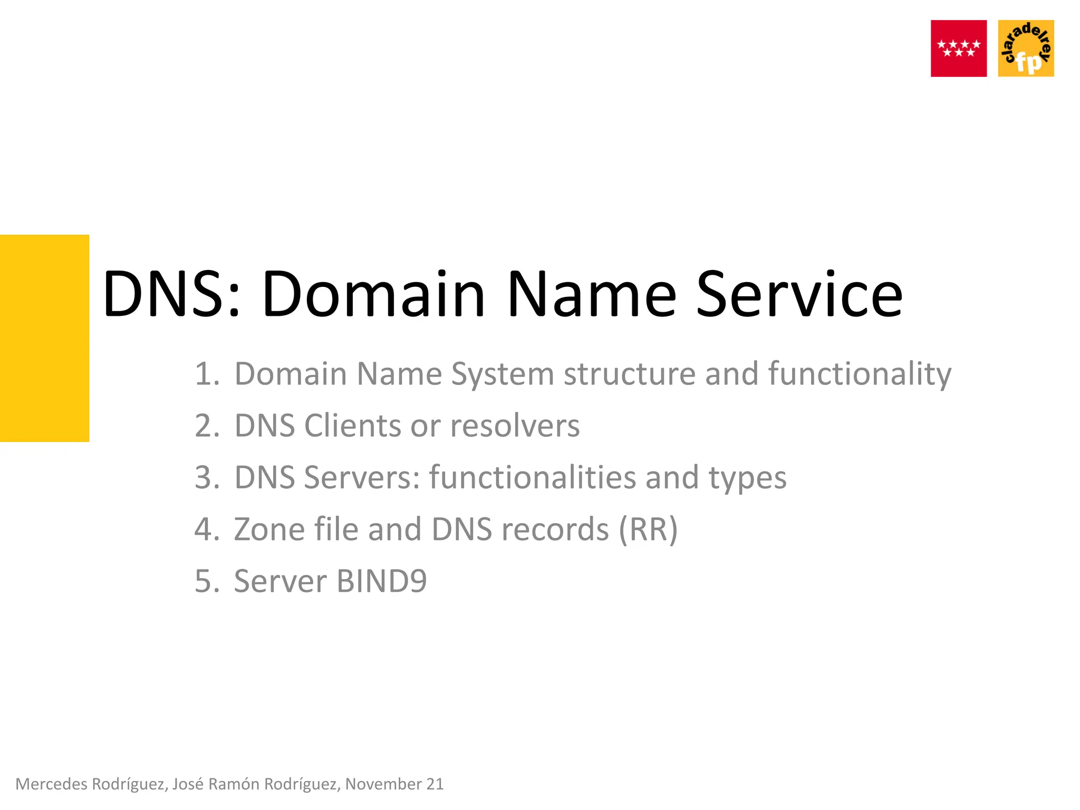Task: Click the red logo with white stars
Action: [x=958, y=49]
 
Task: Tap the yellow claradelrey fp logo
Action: [x=1026, y=49]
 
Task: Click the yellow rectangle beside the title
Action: [x=44, y=338]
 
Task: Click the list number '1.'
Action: [x=207, y=374]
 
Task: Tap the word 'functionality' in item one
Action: [x=860, y=374]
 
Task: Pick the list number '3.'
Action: [x=207, y=477]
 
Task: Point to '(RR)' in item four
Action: [x=648, y=529]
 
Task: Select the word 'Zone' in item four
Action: [x=269, y=529]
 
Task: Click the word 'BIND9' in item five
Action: [x=381, y=581]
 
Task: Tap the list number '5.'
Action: [x=207, y=581]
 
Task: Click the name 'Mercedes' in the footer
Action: [x=51, y=784]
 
